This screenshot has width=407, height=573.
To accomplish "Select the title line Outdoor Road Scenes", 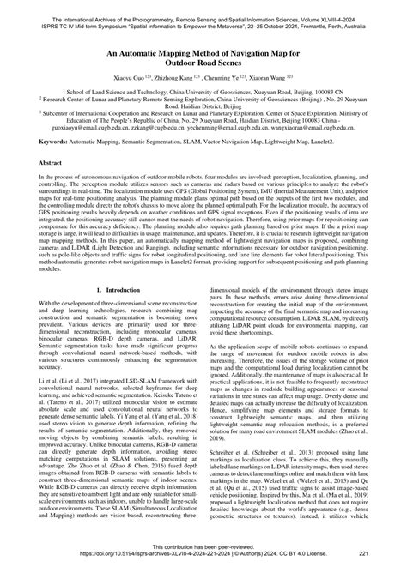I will click(x=203, y=63).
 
